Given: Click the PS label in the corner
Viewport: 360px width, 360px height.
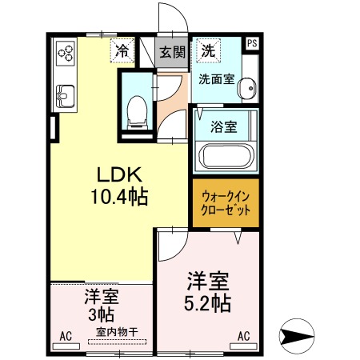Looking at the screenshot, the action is point(252,43).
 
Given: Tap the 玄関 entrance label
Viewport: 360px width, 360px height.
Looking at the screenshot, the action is point(172,52).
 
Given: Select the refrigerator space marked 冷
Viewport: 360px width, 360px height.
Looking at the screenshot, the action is point(122,50).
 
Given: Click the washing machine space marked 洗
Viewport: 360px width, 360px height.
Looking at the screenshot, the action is point(208,50).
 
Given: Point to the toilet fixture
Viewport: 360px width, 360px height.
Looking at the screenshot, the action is point(137,113).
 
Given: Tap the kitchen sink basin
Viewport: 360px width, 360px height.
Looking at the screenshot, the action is point(65,96).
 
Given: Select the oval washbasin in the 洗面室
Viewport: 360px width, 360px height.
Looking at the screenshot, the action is point(247,88).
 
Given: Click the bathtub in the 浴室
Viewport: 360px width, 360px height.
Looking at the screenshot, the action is point(226,157).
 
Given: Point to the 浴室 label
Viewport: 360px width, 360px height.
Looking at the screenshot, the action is point(223,127).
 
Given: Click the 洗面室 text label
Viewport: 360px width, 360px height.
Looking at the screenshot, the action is point(217,79).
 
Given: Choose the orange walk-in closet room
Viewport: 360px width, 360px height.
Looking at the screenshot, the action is point(226,203).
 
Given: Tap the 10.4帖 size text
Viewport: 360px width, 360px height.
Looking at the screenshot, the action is point(119,197).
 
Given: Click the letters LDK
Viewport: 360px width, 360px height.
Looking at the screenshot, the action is point(119,175).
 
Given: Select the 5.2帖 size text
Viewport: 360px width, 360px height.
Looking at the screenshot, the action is point(207,303).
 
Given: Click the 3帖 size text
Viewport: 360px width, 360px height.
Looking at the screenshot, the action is point(102,314).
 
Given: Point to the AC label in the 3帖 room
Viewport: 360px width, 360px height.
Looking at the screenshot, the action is point(66,337).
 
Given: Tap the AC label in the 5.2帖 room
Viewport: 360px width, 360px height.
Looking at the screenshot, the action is point(244,336).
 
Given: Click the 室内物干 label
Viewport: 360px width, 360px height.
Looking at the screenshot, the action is point(117,332).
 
